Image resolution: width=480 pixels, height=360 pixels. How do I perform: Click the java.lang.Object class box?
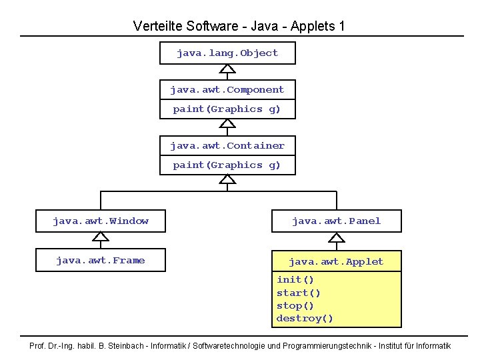click(227, 53)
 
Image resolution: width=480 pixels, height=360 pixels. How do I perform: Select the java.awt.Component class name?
click(227, 89)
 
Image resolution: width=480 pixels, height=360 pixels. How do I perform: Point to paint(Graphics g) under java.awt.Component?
click(227, 109)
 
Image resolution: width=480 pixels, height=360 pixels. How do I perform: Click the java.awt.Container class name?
click(227, 145)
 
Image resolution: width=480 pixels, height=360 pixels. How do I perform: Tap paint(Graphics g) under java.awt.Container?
click(227, 165)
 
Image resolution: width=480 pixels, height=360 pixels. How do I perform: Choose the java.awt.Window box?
click(101, 221)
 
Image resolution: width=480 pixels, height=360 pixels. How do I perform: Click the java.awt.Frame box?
click(101, 260)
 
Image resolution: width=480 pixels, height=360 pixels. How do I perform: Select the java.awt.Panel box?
click(336, 221)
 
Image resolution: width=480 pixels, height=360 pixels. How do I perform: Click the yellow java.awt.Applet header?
click(336, 261)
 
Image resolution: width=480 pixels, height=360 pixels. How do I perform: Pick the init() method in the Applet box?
click(295, 279)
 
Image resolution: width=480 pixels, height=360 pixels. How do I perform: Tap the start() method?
click(299, 293)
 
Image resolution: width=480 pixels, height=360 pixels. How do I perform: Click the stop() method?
click(295, 305)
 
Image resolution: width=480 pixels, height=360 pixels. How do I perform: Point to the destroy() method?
click(305, 319)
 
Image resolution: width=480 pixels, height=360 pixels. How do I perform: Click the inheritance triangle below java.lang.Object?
click(227, 69)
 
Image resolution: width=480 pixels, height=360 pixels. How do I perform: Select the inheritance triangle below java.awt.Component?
click(227, 123)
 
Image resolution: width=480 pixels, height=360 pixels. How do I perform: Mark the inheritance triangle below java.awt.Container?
click(227, 179)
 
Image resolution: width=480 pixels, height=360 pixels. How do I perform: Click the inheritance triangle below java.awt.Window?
click(101, 236)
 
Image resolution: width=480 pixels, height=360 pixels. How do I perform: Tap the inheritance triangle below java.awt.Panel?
click(336, 236)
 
